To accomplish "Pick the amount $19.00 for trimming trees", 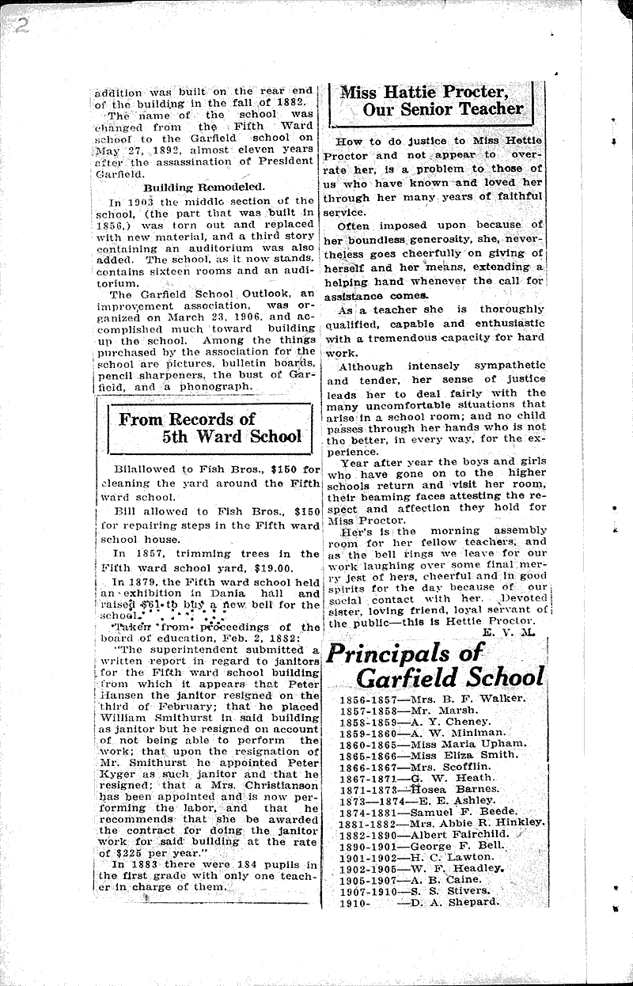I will click(269, 567).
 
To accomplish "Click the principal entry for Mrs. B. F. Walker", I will click(466, 699).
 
